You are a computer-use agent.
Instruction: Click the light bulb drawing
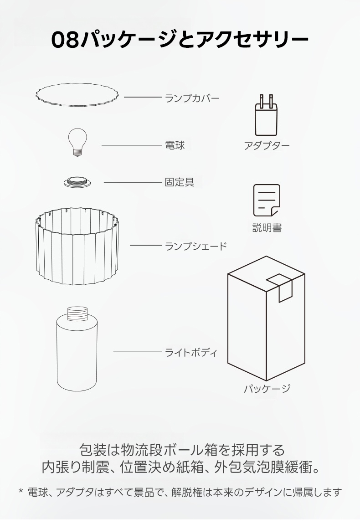[77, 142]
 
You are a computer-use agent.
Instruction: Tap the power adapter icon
[266, 115]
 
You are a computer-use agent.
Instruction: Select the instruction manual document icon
[267, 200]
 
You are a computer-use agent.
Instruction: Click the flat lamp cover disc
[77, 95]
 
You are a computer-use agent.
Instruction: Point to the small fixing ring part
[77, 182]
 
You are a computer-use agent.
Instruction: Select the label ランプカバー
[192, 98]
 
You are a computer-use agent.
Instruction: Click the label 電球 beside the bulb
[175, 145]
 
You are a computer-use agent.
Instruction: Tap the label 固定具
[180, 182]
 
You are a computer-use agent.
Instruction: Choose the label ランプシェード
[196, 247]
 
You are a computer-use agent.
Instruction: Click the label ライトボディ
[191, 352]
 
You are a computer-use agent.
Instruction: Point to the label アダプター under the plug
[267, 146]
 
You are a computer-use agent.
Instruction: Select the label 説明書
[267, 227]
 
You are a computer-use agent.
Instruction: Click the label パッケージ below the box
[267, 388]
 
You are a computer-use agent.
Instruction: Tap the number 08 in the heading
[65, 40]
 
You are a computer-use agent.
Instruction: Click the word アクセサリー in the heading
[252, 40]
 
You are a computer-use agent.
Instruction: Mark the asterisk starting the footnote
[21, 491]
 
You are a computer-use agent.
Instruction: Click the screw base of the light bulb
[77, 153]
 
